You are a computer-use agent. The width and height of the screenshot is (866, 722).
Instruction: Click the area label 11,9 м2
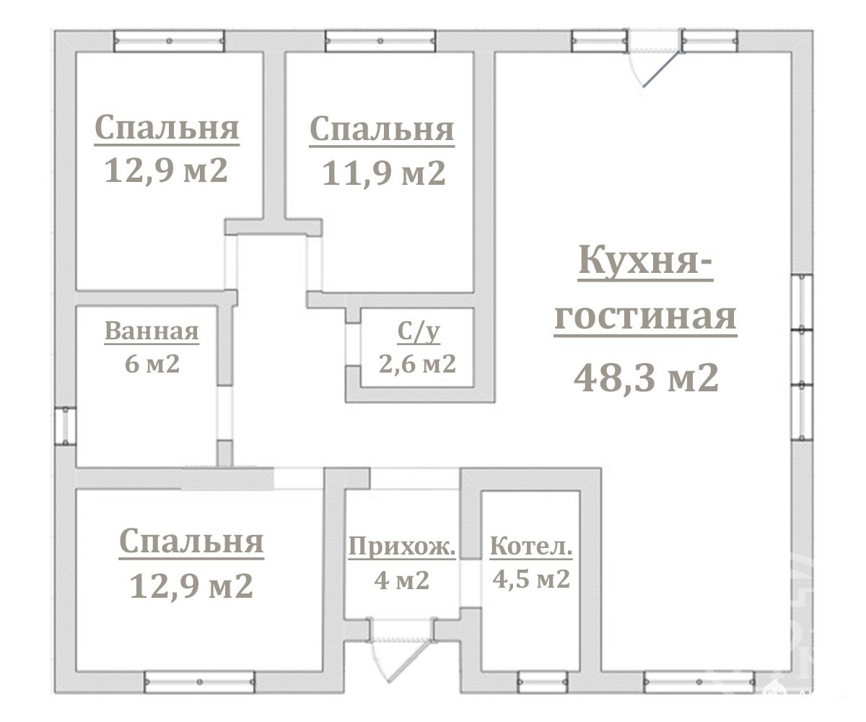click(x=384, y=173)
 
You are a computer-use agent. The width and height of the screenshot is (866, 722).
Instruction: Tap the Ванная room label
click(x=152, y=331)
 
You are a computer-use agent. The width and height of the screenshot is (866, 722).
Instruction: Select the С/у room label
click(x=419, y=332)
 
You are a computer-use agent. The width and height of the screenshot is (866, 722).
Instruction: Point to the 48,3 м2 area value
click(x=646, y=378)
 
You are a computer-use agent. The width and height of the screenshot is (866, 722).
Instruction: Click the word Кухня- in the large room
click(x=645, y=262)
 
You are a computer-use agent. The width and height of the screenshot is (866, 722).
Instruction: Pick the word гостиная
click(x=645, y=318)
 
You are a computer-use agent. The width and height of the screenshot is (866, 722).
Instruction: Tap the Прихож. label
click(x=402, y=546)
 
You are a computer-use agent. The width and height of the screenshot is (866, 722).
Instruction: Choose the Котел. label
click(x=531, y=546)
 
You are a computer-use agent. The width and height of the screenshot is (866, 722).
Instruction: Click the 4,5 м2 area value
click(x=531, y=579)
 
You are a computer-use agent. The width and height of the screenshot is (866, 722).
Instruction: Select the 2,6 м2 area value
click(x=417, y=364)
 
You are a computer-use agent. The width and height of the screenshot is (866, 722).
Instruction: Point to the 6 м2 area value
click(x=152, y=364)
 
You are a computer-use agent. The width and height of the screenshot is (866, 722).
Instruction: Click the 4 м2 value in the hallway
click(x=401, y=580)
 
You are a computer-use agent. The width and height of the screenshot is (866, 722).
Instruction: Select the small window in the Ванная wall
click(x=66, y=426)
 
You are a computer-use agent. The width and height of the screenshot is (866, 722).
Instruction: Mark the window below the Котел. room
click(x=543, y=682)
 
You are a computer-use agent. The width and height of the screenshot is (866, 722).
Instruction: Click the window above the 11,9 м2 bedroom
click(x=380, y=40)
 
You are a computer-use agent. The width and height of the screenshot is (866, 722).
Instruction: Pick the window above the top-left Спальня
click(x=169, y=40)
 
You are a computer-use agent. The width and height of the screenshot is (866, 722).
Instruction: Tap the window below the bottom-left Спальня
click(x=199, y=682)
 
